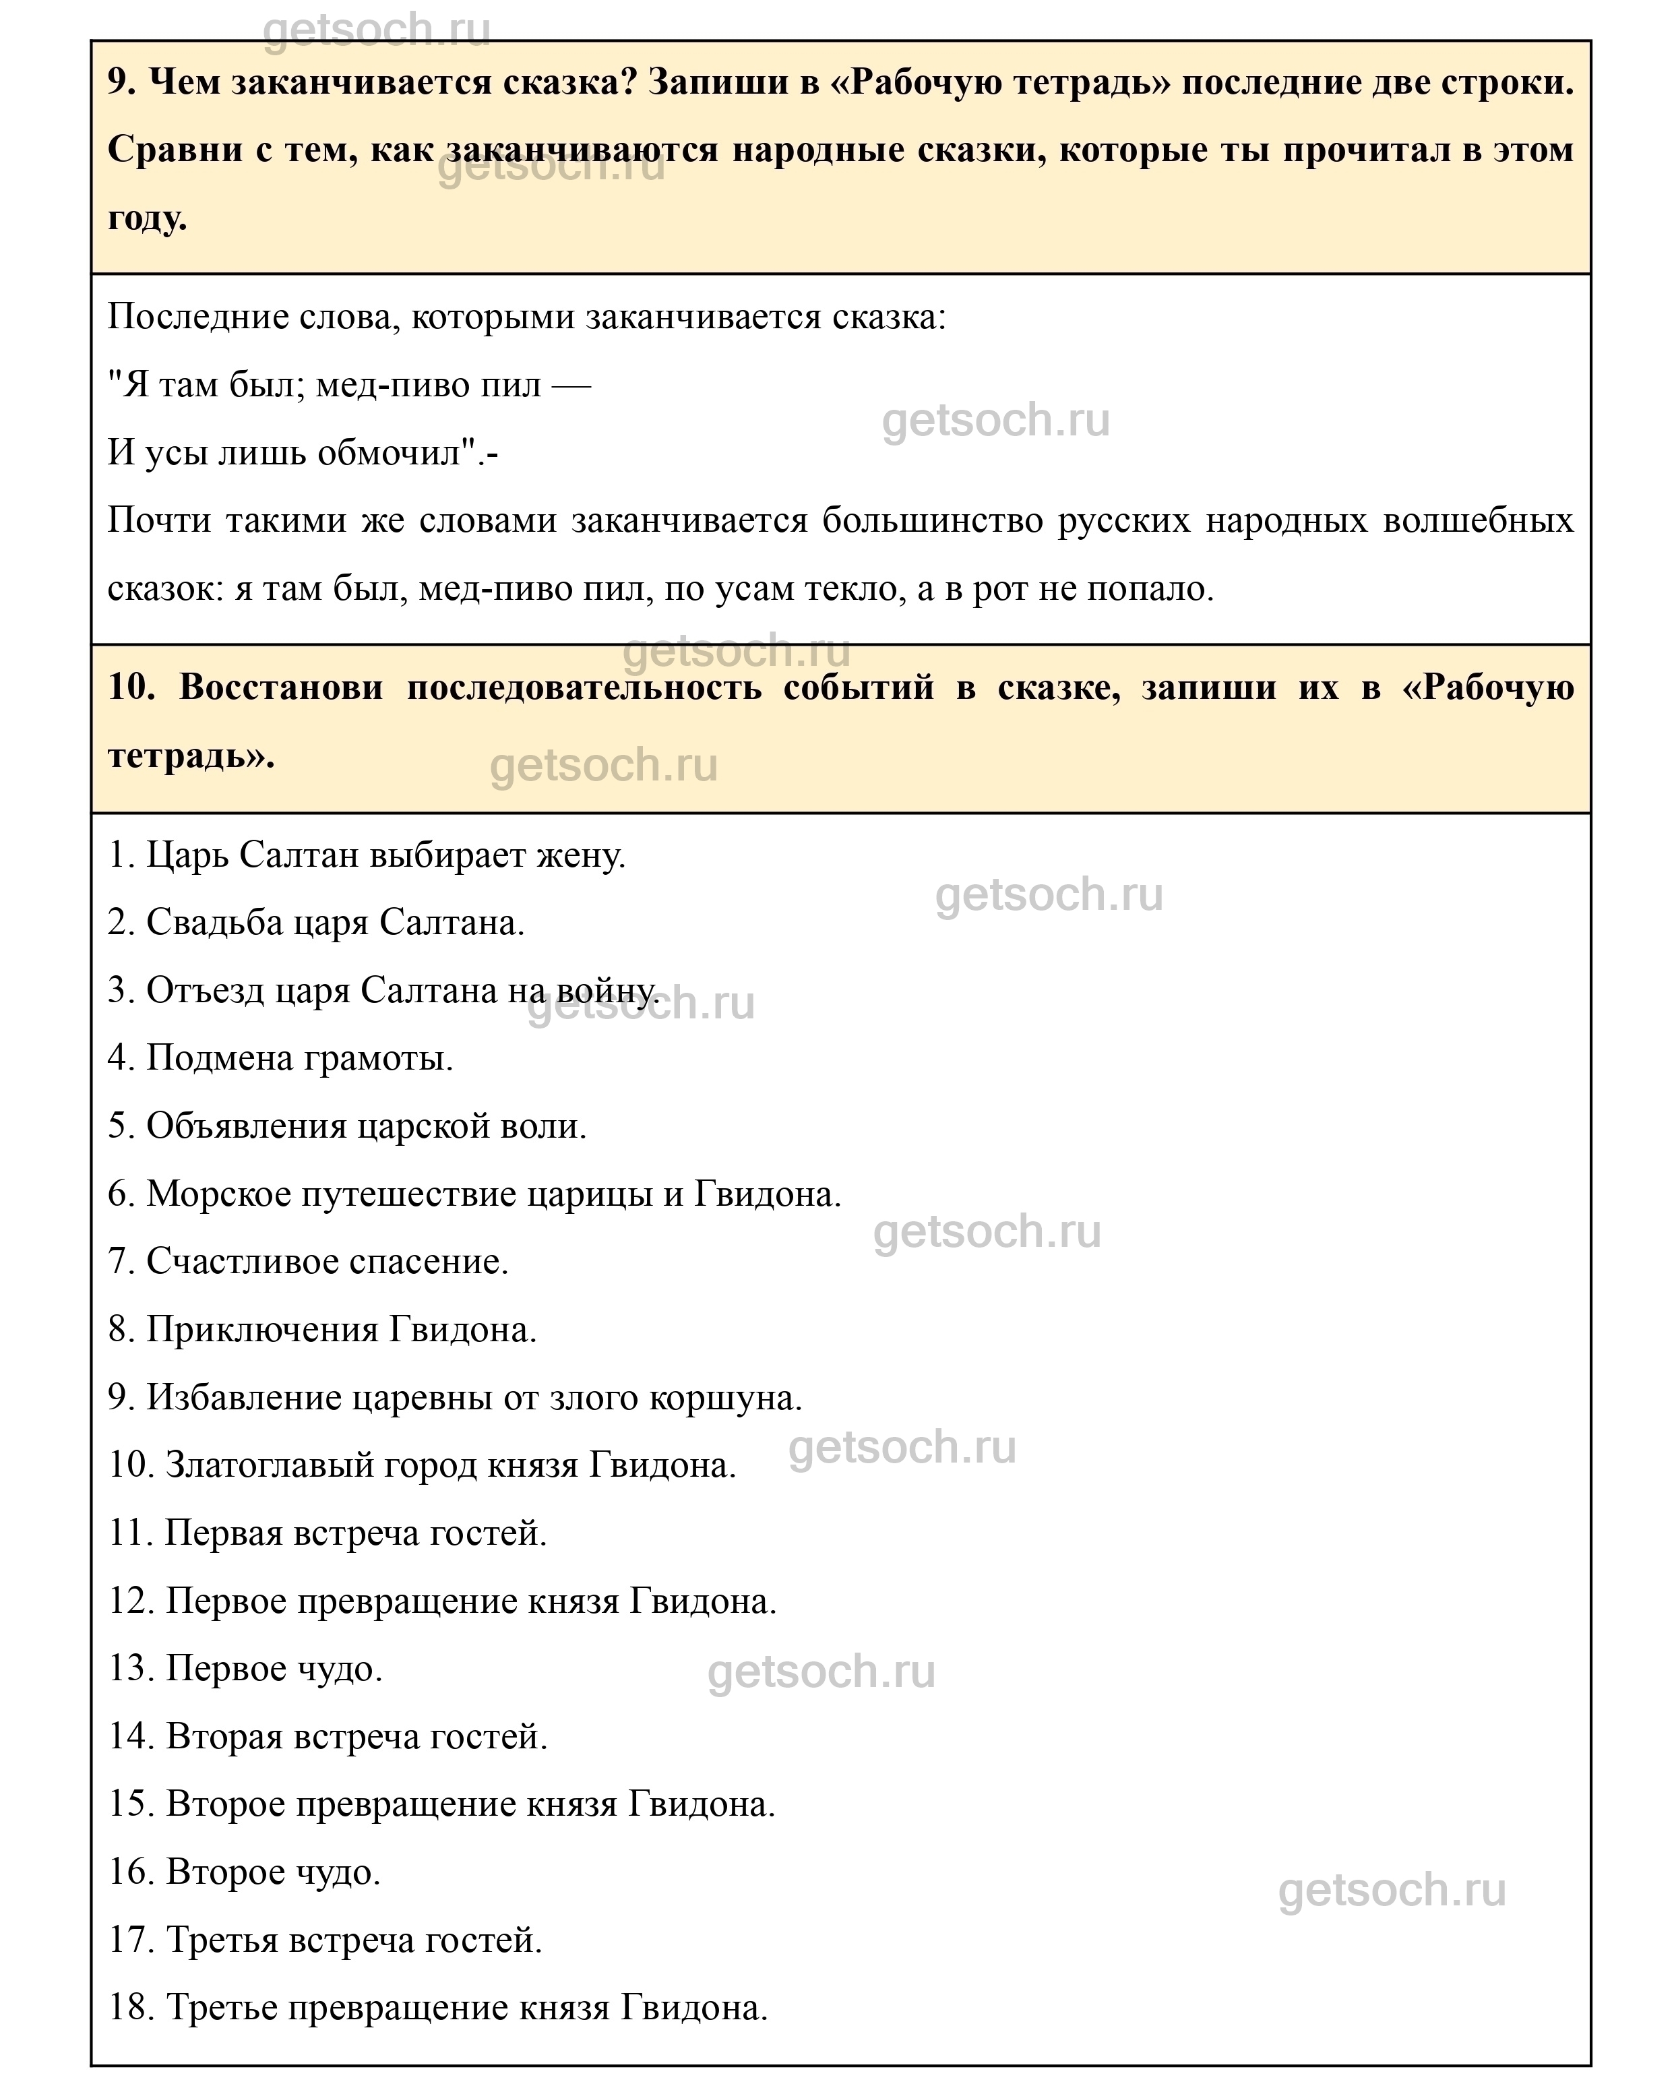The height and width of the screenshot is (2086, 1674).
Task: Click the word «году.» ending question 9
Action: coord(147,218)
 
